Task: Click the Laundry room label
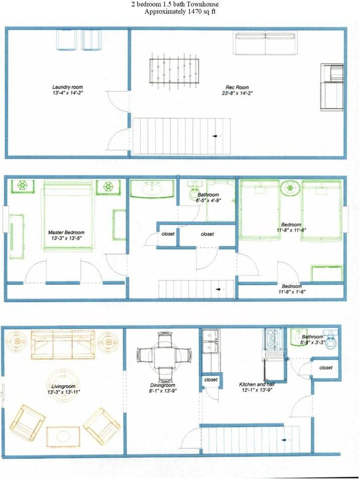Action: pyautogui.click(x=68, y=87)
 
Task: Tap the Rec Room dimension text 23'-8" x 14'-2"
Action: pyautogui.click(x=237, y=93)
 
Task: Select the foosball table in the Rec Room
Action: pyautogui.click(x=174, y=71)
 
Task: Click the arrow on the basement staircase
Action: pyautogui.click(x=216, y=136)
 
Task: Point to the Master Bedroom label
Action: pyautogui.click(x=66, y=232)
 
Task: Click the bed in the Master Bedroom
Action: pyautogui.click(x=68, y=215)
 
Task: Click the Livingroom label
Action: pyautogui.click(x=63, y=387)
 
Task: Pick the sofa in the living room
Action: pyautogui.click(x=63, y=344)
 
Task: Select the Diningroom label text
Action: pyautogui.click(x=163, y=385)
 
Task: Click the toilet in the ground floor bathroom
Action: pyautogui.click(x=331, y=340)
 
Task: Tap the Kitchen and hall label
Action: pyautogui.click(x=257, y=384)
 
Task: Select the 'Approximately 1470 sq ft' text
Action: pyautogui.click(x=180, y=12)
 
